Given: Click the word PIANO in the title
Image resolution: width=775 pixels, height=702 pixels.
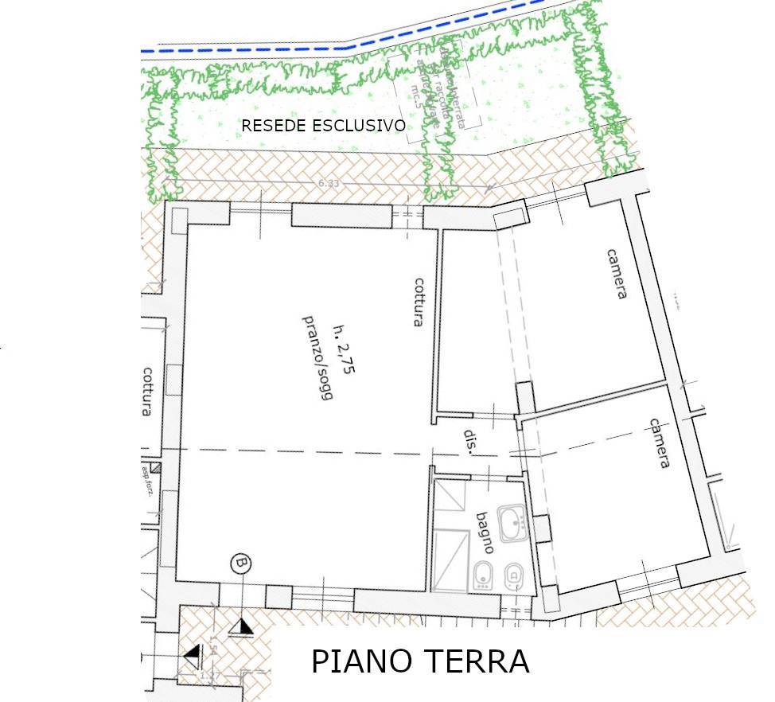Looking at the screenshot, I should pyautogui.click(x=357, y=662).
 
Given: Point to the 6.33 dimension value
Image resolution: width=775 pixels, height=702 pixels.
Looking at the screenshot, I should pyautogui.click(x=329, y=183).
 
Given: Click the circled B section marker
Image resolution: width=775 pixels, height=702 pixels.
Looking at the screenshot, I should pyautogui.click(x=240, y=564).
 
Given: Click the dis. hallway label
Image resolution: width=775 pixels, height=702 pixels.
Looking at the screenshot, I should pyautogui.click(x=470, y=443).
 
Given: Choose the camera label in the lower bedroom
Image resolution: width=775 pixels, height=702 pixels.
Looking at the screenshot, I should pyautogui.click(x=658, y=443).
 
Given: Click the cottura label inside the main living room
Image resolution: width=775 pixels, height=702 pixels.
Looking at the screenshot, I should pyautogui.click(x=416, y=302).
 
